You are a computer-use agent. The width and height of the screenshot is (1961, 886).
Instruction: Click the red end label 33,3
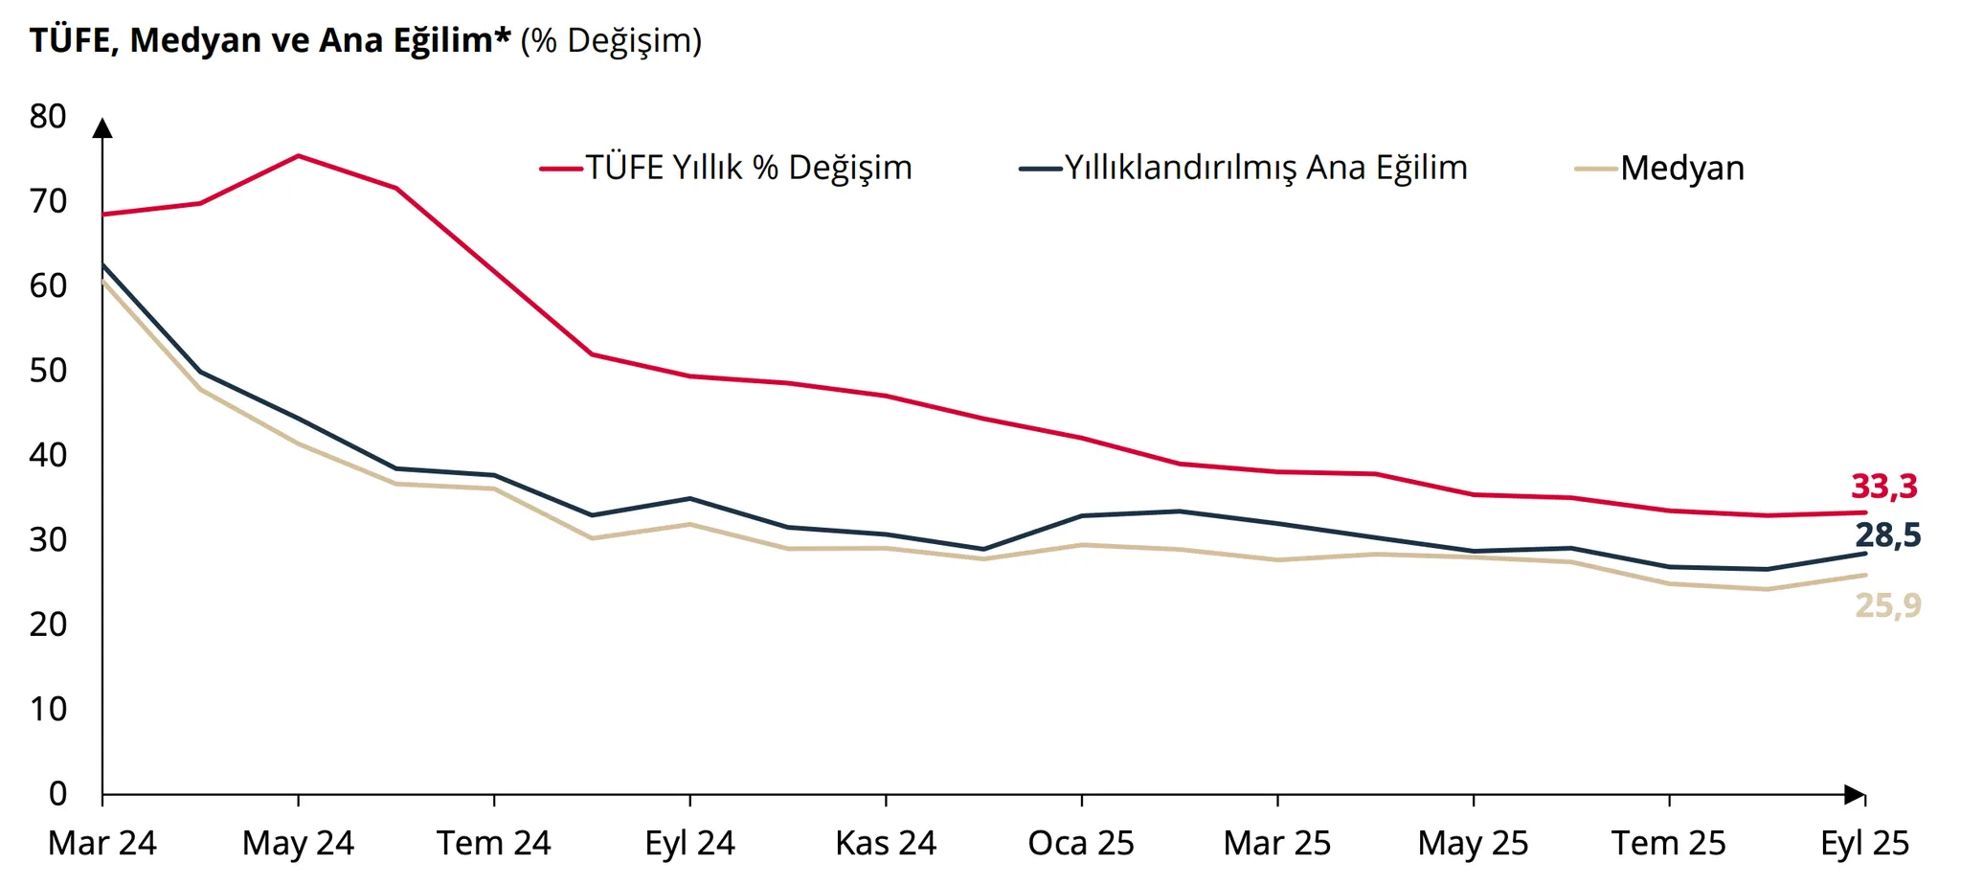click(x=1883, y=487)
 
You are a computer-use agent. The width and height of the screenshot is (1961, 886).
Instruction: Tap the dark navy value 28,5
click(x=1887, y=535)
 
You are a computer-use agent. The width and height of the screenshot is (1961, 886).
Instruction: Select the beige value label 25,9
click(x=1887, y=605)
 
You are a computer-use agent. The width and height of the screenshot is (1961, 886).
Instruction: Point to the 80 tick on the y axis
click(x=48, y=117)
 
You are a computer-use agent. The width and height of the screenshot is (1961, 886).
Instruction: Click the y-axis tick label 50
click(x=48, y=371)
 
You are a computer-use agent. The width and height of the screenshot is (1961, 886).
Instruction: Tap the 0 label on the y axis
click(x=57, y=793)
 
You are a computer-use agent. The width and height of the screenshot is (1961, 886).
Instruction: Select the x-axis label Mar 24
click(x=102, y=843)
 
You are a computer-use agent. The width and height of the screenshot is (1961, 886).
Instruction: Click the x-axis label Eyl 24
click(x=689, y=843)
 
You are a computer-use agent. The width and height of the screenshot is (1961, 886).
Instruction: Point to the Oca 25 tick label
click(x=1081, y=843)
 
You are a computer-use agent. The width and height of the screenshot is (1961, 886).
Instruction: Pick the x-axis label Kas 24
click(x=886, y=843)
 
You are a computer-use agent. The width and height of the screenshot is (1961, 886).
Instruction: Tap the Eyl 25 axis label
click(x=1864, y=843)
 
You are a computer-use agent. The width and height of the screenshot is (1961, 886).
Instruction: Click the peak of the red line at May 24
click(x=299, y=155)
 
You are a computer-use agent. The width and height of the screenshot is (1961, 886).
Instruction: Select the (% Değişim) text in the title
click(x=611, y=40)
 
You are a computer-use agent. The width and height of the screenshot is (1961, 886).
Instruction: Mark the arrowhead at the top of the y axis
click(x=102, y=128)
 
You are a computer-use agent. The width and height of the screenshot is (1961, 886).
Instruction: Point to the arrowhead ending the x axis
click(x=1855, y=794)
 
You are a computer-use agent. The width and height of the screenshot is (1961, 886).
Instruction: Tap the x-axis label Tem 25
click(x=1668, y=843)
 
